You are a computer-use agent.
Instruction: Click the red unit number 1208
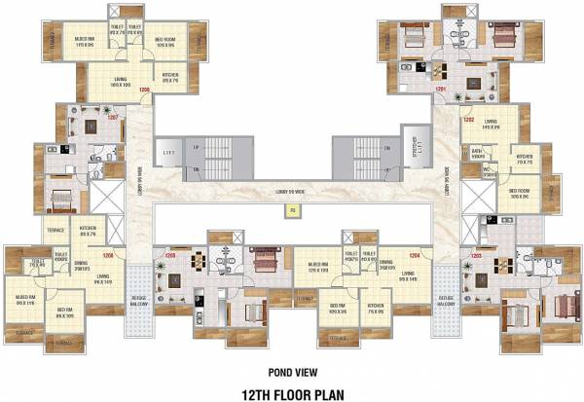click(144, 91)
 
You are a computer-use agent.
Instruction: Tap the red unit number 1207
click(112, 118)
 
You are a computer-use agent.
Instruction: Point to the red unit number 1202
click(469, 120)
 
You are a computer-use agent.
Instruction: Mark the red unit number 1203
click(476, 257)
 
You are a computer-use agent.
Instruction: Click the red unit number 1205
click(169, 257)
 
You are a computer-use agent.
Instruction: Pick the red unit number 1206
click(107, 256)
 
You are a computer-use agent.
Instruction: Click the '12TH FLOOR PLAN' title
click(292, 391)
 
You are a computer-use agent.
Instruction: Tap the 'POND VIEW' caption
click(292, 370)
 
